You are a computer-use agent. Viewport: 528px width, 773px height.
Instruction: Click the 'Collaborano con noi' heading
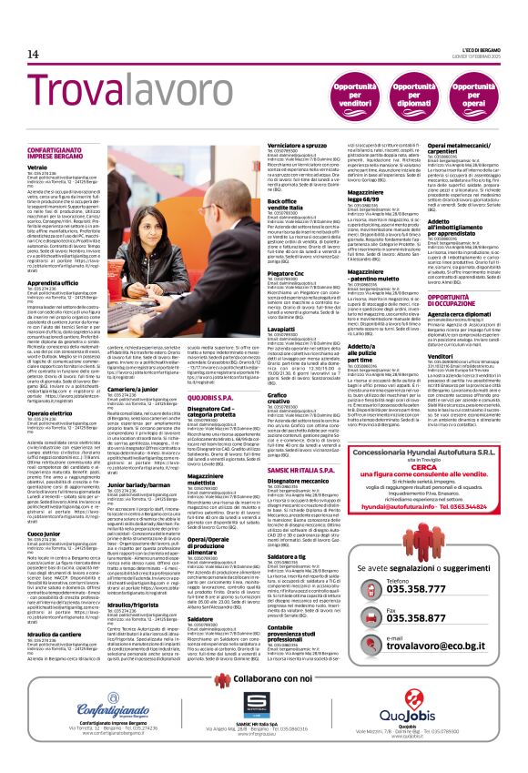coord(263,680)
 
